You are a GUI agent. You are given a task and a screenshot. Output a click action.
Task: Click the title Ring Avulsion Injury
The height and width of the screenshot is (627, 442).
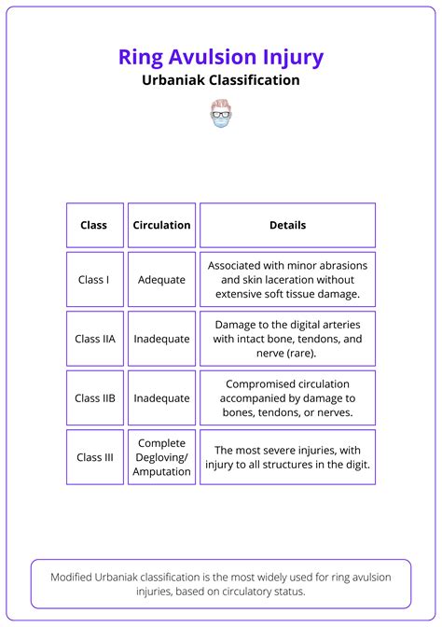[221, 57]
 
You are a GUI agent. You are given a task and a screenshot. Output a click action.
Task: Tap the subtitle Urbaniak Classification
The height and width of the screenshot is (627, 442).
[221, 80]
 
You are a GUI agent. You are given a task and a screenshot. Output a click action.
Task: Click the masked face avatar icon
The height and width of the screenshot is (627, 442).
[221, 114]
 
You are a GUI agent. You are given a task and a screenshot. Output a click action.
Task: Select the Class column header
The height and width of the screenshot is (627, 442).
[94, 225]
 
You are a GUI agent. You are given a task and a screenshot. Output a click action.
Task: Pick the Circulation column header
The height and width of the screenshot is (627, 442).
[161, 225]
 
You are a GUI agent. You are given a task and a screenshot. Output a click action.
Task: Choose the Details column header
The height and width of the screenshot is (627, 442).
[287, 225]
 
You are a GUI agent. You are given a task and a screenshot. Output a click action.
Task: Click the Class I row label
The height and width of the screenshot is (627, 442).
[94, 279]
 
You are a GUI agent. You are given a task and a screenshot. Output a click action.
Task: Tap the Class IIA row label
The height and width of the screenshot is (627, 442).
[94, 339]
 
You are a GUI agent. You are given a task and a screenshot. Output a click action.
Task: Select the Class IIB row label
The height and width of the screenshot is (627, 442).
[94, 398]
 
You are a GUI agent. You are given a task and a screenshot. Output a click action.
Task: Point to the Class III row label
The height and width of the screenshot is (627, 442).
[94, 457]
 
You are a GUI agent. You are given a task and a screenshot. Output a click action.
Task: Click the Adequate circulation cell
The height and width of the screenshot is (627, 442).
[161, 279]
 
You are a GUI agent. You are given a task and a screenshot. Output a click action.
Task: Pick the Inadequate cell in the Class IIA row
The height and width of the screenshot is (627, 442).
[161, 339]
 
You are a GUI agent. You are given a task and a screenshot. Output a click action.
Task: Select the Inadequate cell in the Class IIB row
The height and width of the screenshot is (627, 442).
[161, 398]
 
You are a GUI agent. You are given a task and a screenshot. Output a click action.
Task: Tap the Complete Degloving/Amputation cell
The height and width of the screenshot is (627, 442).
[161, 457]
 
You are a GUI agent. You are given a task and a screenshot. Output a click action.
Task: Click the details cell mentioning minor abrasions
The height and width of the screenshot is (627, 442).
[287, 279]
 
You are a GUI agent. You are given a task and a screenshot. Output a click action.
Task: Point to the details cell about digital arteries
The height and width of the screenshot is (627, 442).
[287, 339]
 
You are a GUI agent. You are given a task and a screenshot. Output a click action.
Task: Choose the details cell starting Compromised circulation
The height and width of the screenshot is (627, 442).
[287, 398]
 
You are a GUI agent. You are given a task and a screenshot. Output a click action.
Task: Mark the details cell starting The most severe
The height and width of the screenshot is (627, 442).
[287, 457]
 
